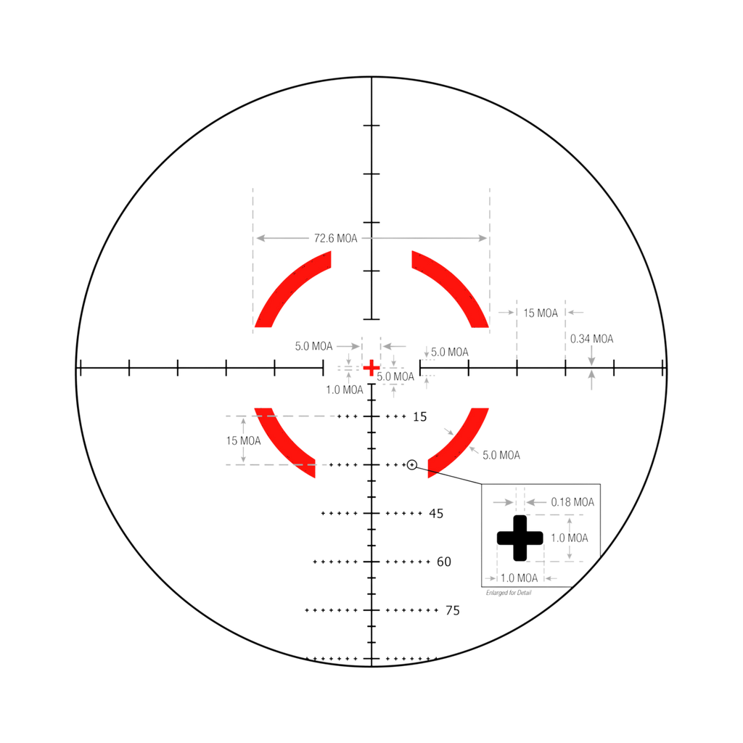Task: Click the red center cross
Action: tap(371, 368)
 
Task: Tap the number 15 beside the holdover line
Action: tap(420, 416)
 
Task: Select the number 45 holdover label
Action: tap(436, 514)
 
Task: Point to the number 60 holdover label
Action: tap(444, 562)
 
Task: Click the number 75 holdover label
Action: tap(452, 610)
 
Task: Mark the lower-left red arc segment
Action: tap(285, 443)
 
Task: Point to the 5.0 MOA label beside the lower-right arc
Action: tap(501, 456)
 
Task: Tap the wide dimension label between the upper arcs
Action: tap(335, 238)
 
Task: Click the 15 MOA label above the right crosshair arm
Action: tap(541, 313)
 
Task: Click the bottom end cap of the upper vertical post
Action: tap(371, 318)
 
